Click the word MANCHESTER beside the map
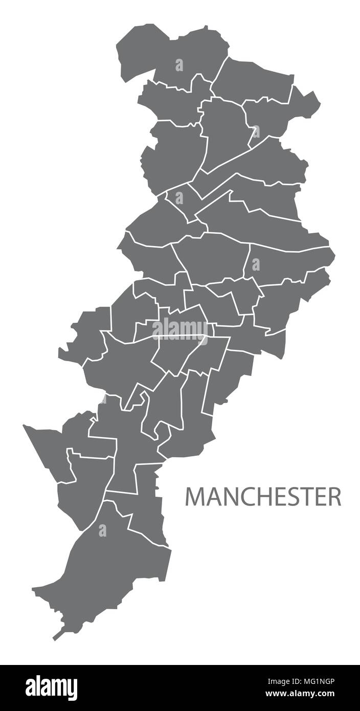tap(263, 496)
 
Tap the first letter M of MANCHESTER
tap(194, 496)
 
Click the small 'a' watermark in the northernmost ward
tap(179, 65)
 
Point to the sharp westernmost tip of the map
tap(24, 425)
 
